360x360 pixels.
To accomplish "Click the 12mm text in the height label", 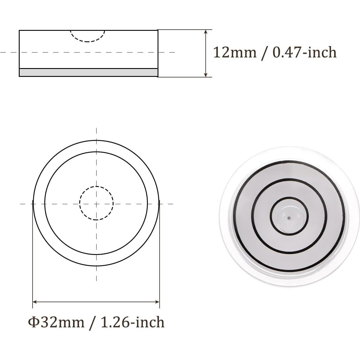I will [x=234, y=53].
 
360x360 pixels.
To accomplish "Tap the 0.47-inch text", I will [x=305, y=53].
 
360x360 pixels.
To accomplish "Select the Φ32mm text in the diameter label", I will [x=56, y=322].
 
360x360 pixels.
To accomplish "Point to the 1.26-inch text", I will [x=132, y=322].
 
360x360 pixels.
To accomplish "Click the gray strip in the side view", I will [x=88, y=72].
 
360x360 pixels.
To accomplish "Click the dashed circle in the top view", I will [x=97, y=187].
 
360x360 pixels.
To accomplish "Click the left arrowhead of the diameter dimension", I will [x=35, y=302].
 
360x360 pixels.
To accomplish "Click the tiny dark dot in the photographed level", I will [x=289, y=218].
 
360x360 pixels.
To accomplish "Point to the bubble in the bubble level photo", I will [x=289, y=217].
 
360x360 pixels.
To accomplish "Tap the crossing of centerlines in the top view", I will [x=97, y=203].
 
